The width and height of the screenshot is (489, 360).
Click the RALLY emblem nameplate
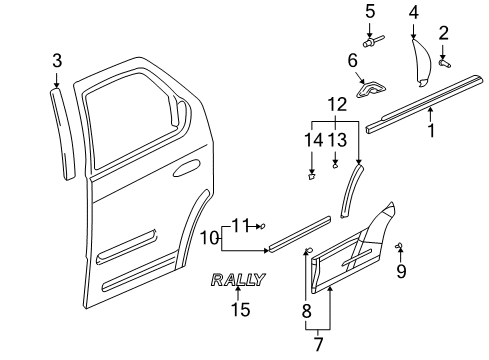[x=238, y=280]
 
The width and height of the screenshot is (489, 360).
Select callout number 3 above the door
[x=57, y=64]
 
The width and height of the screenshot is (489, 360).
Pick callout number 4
[x=414, y=12]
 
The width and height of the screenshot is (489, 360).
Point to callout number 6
[x=352, y=62]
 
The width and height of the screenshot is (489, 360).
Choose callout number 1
[x=432, y=129]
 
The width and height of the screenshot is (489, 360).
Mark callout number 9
[x=401, y=271]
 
